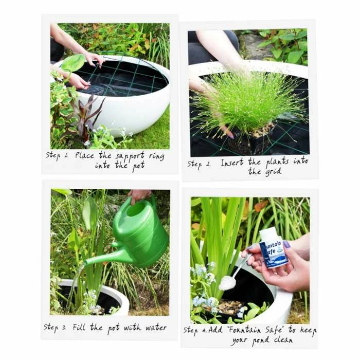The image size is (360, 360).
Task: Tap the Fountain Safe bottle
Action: point(273,249)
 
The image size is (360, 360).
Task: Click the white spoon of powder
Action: point(228,282)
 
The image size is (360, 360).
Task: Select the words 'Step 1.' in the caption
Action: point(57,155)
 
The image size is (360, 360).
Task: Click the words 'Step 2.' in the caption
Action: point(198,165)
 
